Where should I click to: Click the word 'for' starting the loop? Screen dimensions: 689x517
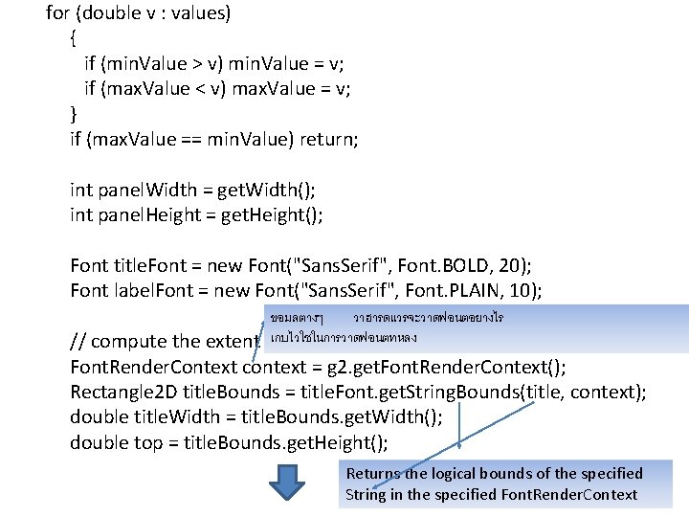(x=57, y=13)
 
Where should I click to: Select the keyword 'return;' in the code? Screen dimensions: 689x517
(x=329, y=139)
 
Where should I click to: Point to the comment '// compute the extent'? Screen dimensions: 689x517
(x=164, y=342)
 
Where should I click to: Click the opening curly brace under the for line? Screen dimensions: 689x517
(x=75, y=39)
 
